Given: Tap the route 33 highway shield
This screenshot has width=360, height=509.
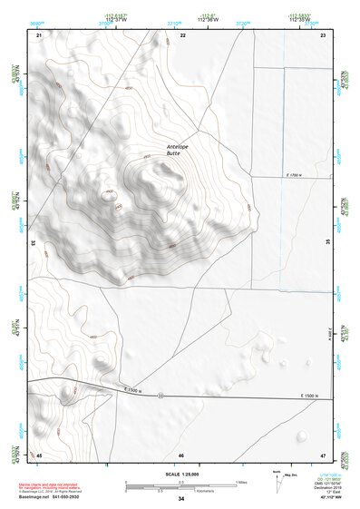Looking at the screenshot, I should (161, 396).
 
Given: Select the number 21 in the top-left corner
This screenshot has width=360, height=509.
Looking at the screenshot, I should (39, 34).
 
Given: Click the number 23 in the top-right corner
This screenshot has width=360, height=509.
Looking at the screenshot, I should (324, 34).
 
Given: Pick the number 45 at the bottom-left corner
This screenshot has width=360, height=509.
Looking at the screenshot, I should (39, 454).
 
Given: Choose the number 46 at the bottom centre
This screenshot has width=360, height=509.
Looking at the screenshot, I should (181, 454).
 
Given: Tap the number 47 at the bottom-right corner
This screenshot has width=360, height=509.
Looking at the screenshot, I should (323, 454).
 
